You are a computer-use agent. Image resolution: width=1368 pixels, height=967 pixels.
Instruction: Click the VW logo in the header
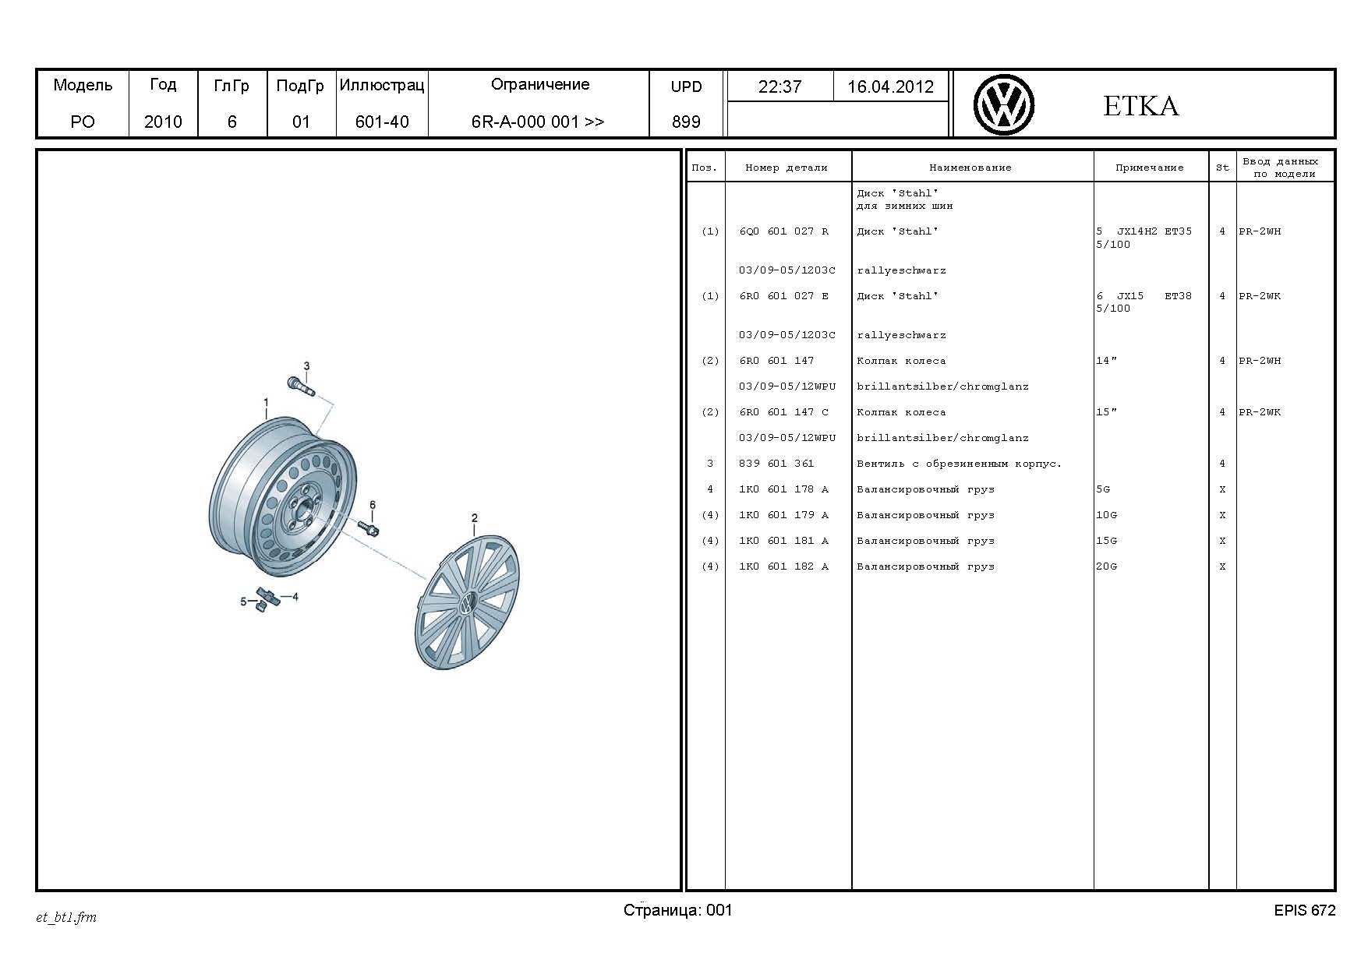[1004, 105]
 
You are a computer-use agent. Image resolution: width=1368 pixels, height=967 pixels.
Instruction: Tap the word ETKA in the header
[1140, 106]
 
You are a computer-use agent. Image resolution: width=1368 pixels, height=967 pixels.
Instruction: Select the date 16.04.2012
[890, 86]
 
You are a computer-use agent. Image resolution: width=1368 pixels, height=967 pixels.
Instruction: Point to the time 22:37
[779, 86]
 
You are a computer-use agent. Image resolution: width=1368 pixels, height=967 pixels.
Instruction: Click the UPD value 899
[686, 122]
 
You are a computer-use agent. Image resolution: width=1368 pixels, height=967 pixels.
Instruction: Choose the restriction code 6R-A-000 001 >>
[538, 122]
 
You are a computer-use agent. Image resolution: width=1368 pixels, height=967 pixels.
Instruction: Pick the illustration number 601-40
[382, 122]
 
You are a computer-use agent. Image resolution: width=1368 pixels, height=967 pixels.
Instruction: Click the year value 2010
[163, 122]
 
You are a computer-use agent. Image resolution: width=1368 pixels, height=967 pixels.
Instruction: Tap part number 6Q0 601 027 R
[784, 231]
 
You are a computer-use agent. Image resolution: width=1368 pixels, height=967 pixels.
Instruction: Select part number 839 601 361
[776, 464]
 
